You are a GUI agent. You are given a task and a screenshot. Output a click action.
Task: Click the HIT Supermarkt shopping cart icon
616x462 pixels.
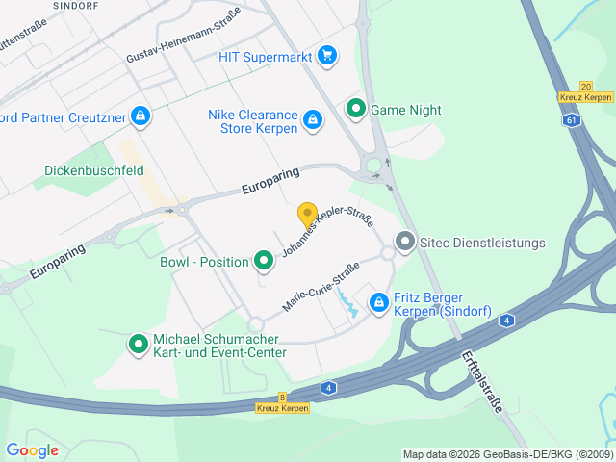[327, 56]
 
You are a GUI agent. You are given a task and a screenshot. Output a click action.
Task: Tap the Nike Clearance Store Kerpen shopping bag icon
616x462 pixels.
[312, 120]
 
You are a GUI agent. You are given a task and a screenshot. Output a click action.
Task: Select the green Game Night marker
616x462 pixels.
[356, 110]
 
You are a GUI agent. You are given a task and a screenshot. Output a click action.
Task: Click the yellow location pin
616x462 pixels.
[307, 217]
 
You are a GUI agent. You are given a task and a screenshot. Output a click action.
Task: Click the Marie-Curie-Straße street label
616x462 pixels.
[321, 286]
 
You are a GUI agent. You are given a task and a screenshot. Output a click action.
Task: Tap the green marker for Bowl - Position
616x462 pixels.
[263, 261]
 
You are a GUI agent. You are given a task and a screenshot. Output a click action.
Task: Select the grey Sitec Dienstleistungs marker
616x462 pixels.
[405, 243]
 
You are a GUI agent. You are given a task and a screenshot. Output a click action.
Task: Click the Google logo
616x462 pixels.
[32, 450]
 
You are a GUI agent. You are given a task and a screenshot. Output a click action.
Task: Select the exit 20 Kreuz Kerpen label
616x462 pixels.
[584, 91]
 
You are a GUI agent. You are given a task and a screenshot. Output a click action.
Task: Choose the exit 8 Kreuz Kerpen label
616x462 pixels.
[282, 402]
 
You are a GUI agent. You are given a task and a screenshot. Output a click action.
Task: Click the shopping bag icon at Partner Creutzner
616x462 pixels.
[141, 115]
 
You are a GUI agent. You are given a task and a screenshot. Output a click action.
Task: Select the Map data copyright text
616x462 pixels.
[507, 454]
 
